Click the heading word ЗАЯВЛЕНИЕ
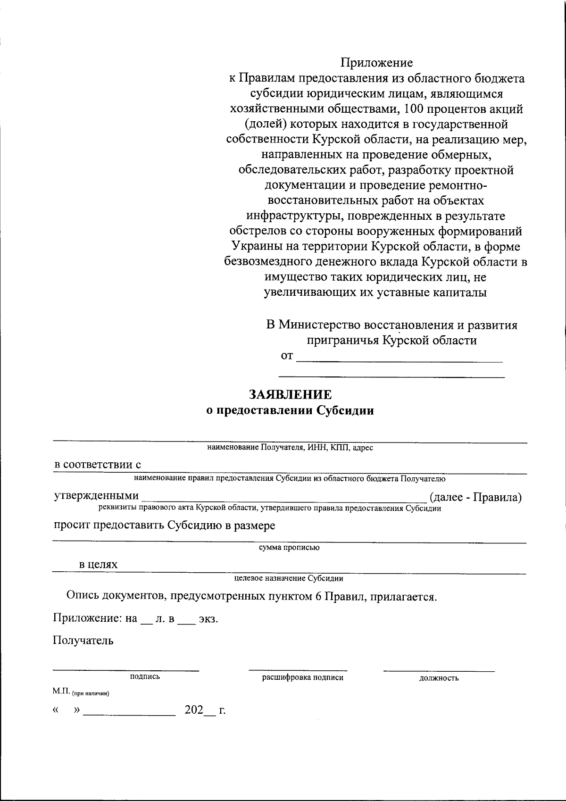click(290, 394)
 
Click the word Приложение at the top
click(376, 62)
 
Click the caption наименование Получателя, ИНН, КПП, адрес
click(290, 447)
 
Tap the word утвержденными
click(97, 496)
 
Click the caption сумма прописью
click(289, 548)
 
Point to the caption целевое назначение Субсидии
click(289, 578)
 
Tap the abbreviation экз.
click(208, 619)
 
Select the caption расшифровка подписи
click(302, 677)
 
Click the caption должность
click(439, 678)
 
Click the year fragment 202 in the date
click(193, 710)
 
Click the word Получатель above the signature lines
click(83, 641)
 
